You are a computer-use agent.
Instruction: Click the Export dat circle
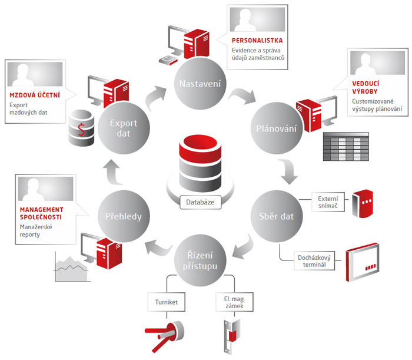pyautogui.click(x=124, y=128)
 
